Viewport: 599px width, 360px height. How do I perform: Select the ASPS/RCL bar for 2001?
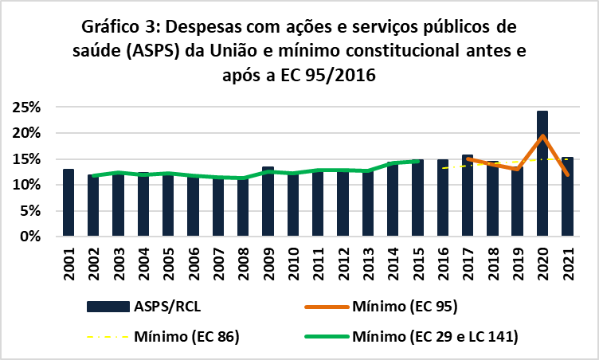pos(69,203)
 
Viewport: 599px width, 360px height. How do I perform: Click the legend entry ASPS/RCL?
pos(166,306)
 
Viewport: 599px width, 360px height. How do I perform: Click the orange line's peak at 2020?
pos(542,136)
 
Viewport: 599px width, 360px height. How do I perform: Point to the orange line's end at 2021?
pos(566,175)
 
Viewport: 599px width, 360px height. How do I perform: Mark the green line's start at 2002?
pos(93,176)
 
